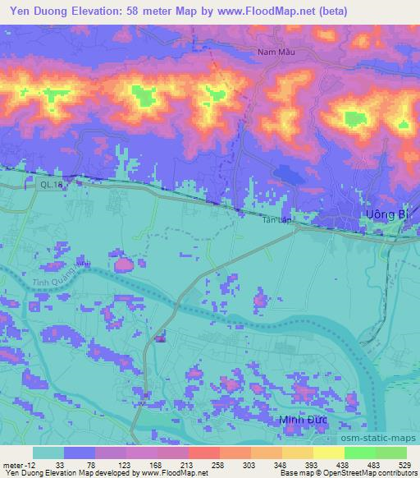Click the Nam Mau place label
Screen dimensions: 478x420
(x=275, y=52)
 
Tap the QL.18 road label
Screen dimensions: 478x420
(x=51, y=186)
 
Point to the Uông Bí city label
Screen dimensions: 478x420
(x=385, y=214)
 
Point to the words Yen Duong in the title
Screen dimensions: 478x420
(x=42, y=11)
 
